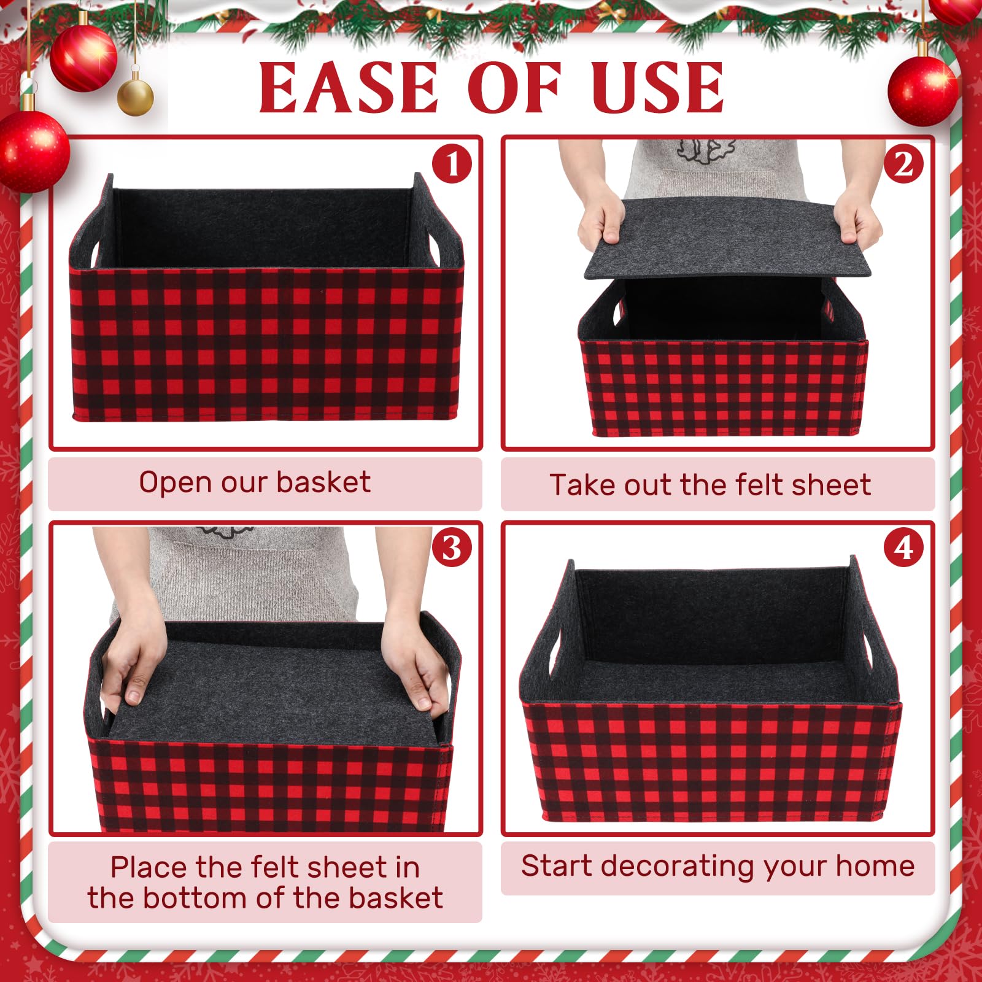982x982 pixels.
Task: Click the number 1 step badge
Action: click(452, 164)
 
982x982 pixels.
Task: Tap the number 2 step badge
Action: click(903, 164)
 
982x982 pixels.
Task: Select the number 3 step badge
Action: click(452, 547)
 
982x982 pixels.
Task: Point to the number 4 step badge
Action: click(903, 547)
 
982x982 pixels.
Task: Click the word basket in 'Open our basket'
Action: click(323, 482)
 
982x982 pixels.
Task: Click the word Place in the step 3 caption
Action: click(149, 867)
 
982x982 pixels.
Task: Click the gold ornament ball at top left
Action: click(135, 96)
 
